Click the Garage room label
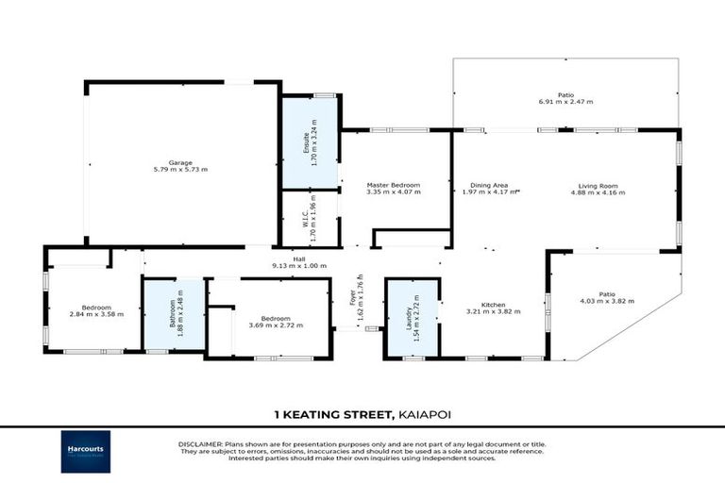180,161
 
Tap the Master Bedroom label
393,185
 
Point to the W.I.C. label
311,220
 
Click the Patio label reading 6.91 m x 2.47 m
565,102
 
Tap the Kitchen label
494,304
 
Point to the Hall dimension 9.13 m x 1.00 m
298,267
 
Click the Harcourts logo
86,451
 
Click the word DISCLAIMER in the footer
199,442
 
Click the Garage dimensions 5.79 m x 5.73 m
180,170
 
